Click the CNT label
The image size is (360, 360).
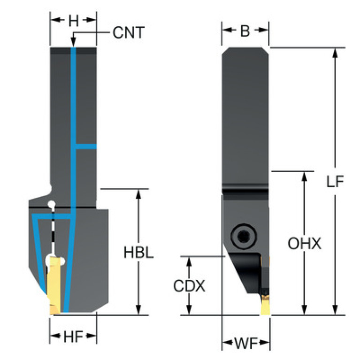[129, 32]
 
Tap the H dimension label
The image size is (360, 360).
[74, 21]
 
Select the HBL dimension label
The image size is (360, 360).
[138, 253]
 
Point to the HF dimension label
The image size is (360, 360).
[73, 337]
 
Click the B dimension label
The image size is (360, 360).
[245, 31]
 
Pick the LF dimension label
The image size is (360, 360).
[335, 182]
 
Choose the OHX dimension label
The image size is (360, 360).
[305, 244]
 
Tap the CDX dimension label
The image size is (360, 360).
[189, 286]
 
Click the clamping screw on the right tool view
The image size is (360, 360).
[244, 236]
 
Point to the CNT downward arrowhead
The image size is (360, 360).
[73, 43]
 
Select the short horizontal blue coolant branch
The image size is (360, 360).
[86, 146]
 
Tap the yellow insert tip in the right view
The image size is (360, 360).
[266, 306]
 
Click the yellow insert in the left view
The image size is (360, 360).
[54, 286]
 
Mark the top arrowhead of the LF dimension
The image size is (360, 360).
[335, 53]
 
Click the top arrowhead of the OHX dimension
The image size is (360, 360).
[305, 176]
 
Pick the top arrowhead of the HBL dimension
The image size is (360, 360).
[138, 194]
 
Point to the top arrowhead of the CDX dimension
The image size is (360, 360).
[189, 261]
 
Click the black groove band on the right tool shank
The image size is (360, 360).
[245, 191]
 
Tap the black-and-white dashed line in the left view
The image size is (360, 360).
[53, 230]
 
